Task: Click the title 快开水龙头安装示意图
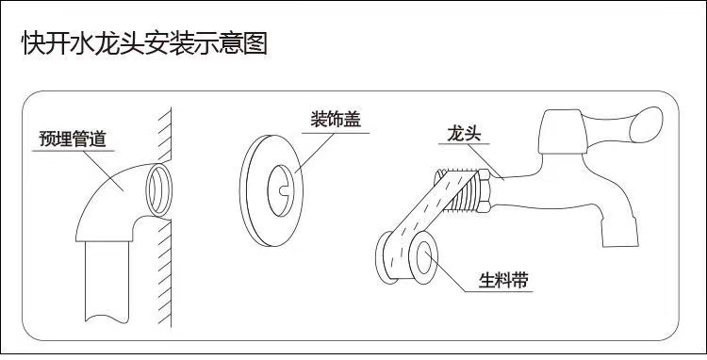144,43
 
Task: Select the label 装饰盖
337,120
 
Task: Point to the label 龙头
464,136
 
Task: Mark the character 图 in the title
255,43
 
